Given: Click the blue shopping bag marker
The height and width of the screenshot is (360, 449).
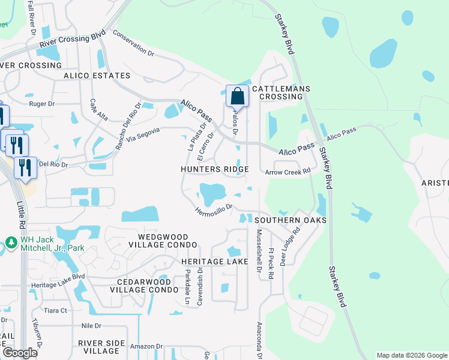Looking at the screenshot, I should coord(238,97).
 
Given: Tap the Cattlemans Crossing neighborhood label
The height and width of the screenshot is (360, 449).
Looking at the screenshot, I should coord(281,92).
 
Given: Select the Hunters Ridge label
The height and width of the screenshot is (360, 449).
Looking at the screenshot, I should coord(214,170).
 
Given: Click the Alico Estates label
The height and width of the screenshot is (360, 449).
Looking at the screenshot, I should coord(97,76).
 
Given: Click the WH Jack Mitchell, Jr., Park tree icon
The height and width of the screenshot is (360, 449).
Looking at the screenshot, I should coord(10,242).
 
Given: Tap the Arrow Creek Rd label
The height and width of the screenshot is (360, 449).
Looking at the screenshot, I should coord(288,172).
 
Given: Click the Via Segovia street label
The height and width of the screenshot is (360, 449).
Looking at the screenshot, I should coord(142,137).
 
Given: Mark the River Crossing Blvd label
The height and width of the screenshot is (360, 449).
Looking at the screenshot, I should coord(72,40).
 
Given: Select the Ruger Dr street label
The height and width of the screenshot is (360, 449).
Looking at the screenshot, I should coord(42,103).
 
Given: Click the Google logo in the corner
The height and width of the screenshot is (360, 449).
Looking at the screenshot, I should coord(20,353).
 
